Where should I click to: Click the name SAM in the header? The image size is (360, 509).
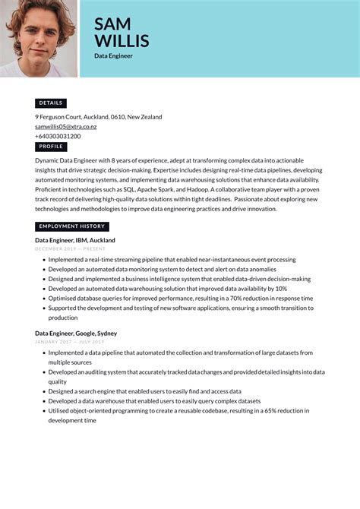click(x=112, y=24)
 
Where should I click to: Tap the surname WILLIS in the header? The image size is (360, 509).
click(x=122, y=41)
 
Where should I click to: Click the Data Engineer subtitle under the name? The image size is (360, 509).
click(x=113, y=56)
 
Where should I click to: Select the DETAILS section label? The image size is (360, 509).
click(x=51, y=103)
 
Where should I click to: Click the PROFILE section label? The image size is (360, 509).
click(x=51, y=147)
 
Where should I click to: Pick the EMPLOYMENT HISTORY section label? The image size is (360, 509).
click(x=72, y=226)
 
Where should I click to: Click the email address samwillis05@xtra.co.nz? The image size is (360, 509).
click(x=66, y=127)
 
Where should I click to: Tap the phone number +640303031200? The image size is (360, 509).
click(x=58, y=136)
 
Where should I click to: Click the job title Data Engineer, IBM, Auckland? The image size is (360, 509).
click(x=75, y=240)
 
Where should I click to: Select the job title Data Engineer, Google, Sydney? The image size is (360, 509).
click(x=76, y=334)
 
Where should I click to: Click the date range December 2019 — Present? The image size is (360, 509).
click(x=70, y=248)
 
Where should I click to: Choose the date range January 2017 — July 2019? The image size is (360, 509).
click(x=70, y=342)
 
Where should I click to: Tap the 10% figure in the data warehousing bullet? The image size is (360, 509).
click(x=281, y=289)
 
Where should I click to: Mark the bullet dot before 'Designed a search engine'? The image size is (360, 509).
click(x=43, y=391)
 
